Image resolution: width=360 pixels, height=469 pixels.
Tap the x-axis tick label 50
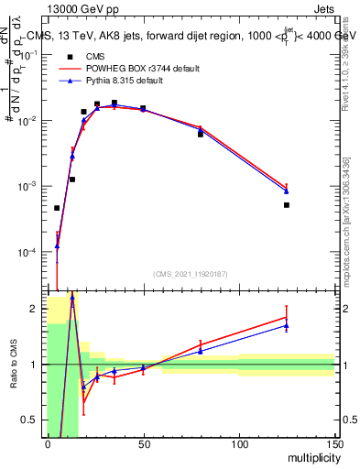coord(143,444)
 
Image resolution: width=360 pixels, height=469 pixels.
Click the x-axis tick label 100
coord(238,444)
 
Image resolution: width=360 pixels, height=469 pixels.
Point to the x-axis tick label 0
coord(48,444)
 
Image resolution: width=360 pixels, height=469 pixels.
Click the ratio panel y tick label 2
coord(36,309)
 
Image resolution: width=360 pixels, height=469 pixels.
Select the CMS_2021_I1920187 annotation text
coord(191,274)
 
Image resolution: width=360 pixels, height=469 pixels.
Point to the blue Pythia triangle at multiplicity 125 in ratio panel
coord(287,325)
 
